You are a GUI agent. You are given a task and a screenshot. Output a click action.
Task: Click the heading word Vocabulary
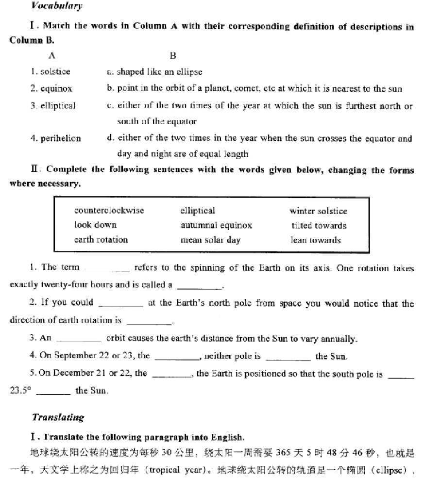tap(57, 6)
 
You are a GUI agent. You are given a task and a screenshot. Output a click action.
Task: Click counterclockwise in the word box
tap(109, 210)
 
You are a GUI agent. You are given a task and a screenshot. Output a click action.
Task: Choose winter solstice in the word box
tap(318, 211)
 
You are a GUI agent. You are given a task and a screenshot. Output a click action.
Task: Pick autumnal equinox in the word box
tap(216, 225)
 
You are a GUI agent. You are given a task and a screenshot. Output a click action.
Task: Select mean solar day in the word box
tap(210, 240)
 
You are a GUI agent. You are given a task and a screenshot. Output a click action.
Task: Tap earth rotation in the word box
tap(101, 239)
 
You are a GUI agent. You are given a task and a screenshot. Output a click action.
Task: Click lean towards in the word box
tap(316, 240)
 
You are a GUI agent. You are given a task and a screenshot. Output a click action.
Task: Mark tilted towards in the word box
tap(319, 225)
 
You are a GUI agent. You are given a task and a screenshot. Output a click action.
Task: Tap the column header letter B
tap(173, 55)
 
